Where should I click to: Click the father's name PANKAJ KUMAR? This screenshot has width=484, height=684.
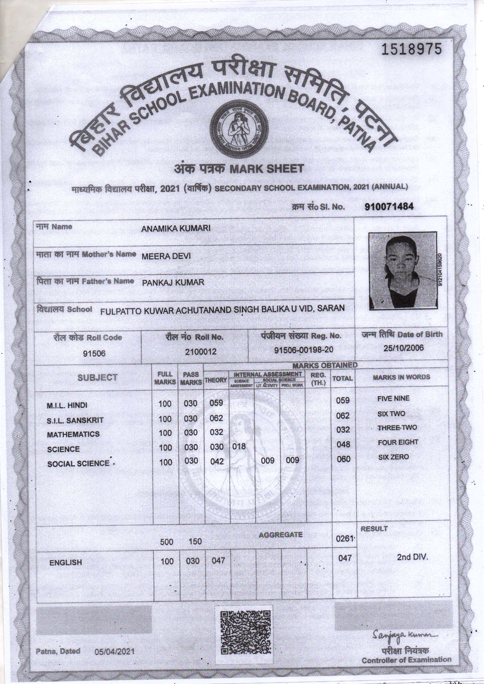(173, 283)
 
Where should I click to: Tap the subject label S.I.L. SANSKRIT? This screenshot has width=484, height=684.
(75, 420)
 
